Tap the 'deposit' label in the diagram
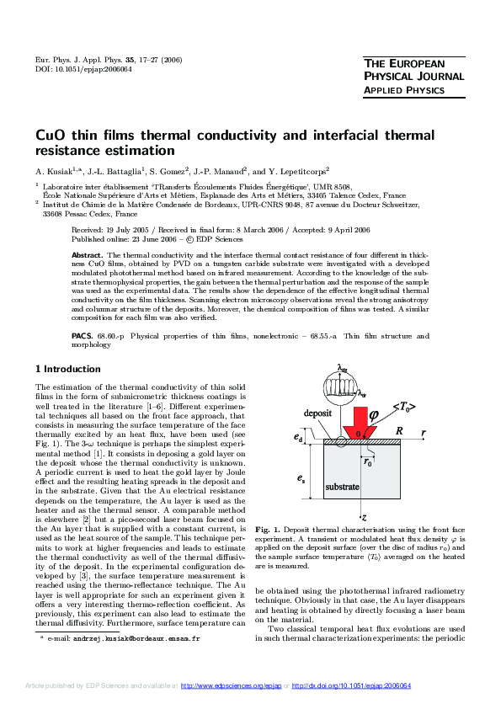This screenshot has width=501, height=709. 294,414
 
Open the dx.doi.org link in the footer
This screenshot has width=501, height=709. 351,686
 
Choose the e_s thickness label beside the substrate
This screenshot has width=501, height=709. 300,477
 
